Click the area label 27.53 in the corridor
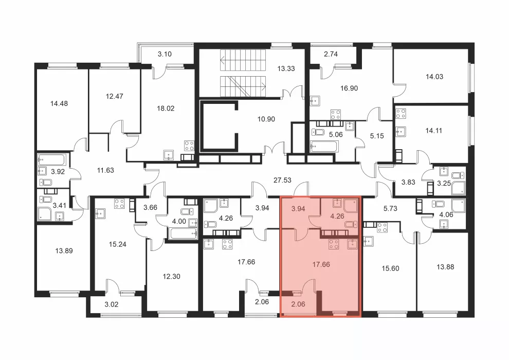282,180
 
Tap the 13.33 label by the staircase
286,68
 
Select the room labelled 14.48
59,103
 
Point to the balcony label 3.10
165,54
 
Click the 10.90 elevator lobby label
266,119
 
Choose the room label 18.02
166,109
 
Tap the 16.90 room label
349,88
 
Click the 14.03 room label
434,77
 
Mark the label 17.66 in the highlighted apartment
321,264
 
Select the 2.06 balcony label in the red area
298,304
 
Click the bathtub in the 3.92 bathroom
52,159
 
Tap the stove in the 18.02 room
189,146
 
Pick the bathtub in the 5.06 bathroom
324,147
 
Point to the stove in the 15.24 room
119,204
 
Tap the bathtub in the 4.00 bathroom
183,233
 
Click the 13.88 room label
445,267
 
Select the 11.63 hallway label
105,170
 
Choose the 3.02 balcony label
112,304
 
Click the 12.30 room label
171,277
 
